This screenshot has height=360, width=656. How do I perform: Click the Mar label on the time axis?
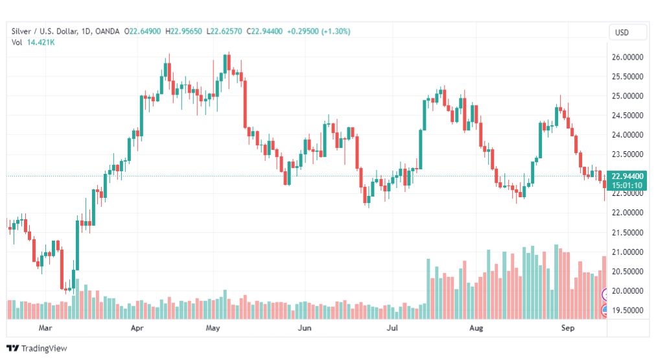point(45,329)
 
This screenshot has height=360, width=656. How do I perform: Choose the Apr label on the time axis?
point(137,329)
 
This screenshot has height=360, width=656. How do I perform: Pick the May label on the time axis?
point(214,329)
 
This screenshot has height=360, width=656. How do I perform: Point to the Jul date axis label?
point(392,329)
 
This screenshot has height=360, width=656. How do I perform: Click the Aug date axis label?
point(476,329)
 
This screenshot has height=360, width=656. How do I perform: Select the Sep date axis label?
point(568,329)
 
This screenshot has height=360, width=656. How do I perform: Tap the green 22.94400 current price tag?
point(627,176)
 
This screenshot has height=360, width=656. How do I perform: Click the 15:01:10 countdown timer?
point(627,185)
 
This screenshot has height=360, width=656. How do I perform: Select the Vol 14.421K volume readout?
point(32,43)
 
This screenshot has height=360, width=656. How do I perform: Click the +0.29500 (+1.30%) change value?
point(317,31)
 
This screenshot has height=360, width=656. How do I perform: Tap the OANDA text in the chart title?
point(110,31)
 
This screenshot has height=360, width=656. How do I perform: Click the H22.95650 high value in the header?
point(183,31)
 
